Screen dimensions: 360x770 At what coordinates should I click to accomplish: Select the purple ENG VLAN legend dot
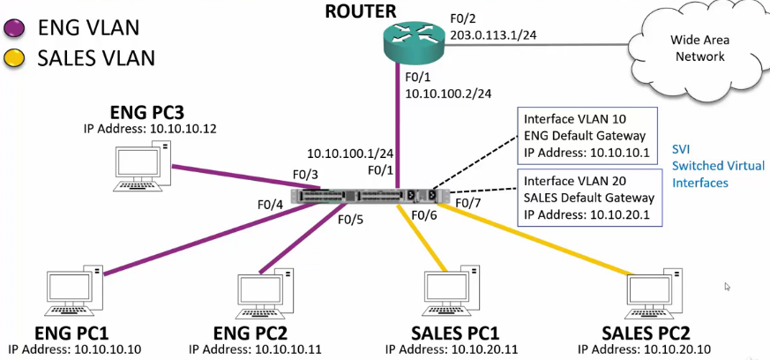16,28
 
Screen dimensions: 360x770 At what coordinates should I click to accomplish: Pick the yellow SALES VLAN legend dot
16,59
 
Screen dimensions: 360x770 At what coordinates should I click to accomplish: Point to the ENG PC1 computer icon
76,294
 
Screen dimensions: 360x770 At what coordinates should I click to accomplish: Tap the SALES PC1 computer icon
451,294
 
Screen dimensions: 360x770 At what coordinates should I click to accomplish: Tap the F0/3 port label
305,174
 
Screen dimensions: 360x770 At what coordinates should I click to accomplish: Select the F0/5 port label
351,220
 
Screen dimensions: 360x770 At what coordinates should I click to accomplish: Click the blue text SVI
682,147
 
